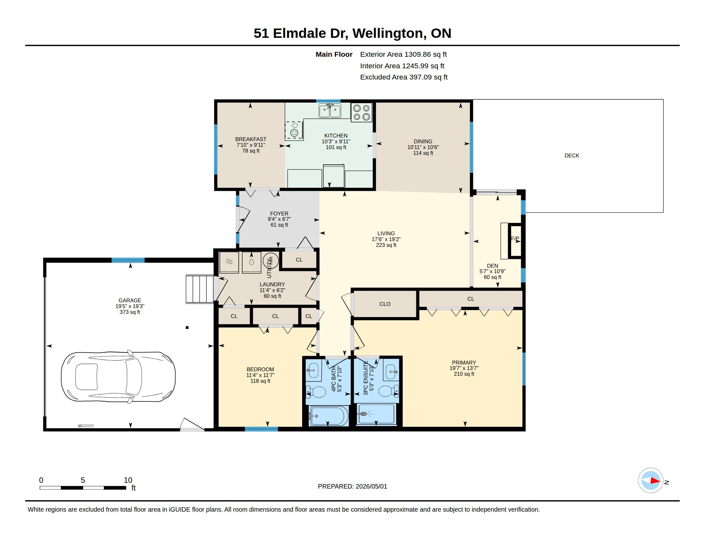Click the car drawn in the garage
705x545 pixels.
click(118, 377)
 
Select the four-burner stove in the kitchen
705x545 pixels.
click(361, 112)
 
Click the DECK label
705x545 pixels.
click(572, 155)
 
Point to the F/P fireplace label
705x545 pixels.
click(515, 239)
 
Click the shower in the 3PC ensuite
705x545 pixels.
click(377, 414)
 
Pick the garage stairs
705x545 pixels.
click(200, 289)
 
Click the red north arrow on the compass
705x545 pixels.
click(655, 481)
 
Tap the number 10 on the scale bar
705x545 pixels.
click(128, 480)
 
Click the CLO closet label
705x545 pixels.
click(385, 304)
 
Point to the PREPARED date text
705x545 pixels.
click(352, 487)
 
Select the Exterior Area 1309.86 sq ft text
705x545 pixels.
click(403, 55)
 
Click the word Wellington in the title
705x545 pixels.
click(387, 33)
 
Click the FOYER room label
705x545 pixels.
click(279, 214)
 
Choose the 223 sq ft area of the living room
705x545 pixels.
click(386, 245)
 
